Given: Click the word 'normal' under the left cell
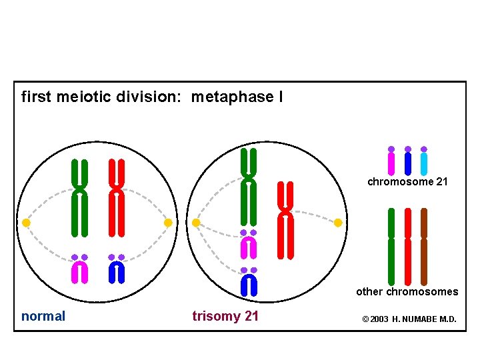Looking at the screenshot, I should coord(43,316).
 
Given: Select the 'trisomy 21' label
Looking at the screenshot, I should coord(225,316).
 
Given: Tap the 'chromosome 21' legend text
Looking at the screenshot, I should coord(407,181).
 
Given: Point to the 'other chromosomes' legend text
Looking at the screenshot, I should coord(407,291).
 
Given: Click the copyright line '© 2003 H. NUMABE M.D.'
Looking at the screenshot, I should coord(409,319).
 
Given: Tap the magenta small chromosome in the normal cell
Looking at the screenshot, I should coord(80,271).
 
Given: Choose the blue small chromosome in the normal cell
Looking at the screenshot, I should coord(117,271).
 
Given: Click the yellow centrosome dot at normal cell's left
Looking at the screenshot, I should coord(26,223).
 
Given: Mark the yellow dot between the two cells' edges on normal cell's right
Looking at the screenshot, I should coord(168,223).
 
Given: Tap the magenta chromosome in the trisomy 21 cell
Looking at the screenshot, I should coord(248,247).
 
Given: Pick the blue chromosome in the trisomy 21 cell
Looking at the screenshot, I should coord(248,285).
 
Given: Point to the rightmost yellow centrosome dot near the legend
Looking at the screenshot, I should coord(338,223).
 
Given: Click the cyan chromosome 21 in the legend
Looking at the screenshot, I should coord(424,163).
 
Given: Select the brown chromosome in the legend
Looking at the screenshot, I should coord(424,247).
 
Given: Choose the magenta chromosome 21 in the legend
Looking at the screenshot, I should coord(391,163).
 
